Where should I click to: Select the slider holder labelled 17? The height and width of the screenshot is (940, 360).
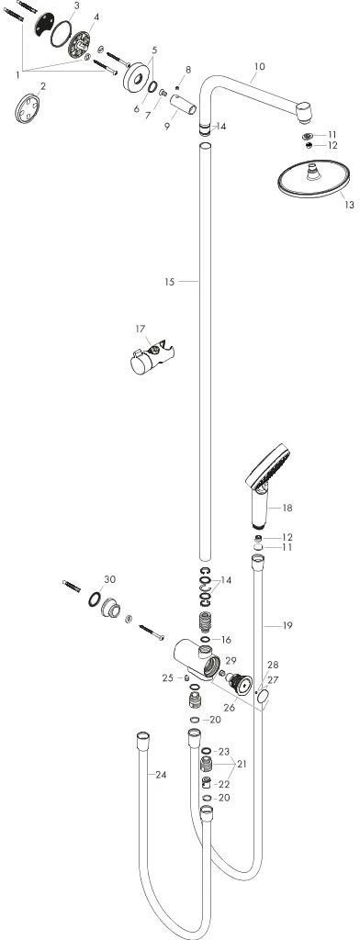(x=152, y=359)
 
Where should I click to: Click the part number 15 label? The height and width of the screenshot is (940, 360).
(x=169, y=281)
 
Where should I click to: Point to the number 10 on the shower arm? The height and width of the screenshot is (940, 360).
(x=259, y=66)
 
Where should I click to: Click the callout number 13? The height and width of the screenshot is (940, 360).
(x=349, y=205)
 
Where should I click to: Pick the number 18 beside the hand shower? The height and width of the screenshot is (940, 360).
(x=287, y=508)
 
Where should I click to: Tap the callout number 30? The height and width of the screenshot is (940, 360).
(x=110, y=579)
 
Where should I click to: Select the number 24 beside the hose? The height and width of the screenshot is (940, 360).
(x=160, y=775)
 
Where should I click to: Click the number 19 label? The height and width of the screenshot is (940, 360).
(x=287, y=626)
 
